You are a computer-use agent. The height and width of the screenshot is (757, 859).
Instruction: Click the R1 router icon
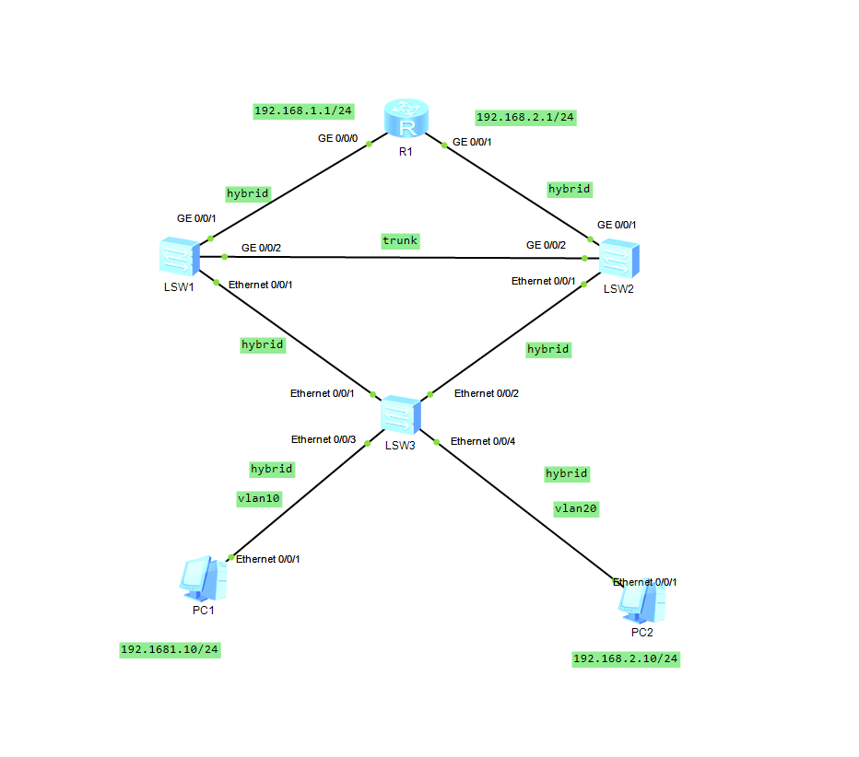point(406,118)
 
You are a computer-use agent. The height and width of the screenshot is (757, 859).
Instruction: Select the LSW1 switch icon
point(179,257)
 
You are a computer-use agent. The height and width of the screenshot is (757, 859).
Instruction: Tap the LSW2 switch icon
point(619,259)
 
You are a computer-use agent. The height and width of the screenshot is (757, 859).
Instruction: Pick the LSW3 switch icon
point(401,415)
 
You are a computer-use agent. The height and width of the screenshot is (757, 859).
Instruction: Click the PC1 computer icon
point(204,579)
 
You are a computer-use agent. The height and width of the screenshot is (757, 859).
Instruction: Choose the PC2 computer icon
point(642,602)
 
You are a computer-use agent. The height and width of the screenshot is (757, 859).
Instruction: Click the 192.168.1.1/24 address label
point(303,111)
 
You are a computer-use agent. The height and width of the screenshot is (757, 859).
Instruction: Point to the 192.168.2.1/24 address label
point(524,118)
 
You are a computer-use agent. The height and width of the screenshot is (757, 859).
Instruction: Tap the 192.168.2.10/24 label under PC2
point(626,659)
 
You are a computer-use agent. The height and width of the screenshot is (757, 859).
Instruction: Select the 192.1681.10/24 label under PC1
point(170,650)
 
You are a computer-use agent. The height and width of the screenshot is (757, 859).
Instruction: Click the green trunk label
point(400,241)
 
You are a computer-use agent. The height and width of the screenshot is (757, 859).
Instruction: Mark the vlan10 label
point(259,498)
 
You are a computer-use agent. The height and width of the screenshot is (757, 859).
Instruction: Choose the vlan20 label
point(576,509)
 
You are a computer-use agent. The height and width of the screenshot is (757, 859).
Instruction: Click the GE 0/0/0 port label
point(338,138)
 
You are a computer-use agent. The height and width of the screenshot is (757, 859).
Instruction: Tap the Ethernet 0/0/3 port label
point(324,439)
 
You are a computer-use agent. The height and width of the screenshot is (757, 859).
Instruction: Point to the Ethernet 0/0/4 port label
point(483,441)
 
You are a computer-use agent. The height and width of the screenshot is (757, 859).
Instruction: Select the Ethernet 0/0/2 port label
point(487,393)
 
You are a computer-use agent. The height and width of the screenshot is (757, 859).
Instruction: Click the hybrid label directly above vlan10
point(272,469)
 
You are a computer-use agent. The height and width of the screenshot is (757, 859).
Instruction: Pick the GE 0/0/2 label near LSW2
point(547,245)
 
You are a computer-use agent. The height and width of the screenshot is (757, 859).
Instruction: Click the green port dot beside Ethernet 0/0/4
point(437,442)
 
